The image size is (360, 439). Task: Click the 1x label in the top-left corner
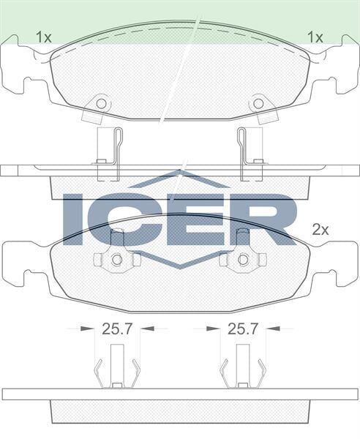pos(43,35)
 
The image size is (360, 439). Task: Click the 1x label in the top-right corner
pos(315,35)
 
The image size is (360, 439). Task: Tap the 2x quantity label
pos(321,229)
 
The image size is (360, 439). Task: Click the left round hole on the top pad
pos(102,103)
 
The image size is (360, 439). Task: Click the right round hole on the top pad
pos(258,103)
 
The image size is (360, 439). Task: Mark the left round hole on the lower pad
pos(115,259)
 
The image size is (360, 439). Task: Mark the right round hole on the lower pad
pos(244,259)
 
